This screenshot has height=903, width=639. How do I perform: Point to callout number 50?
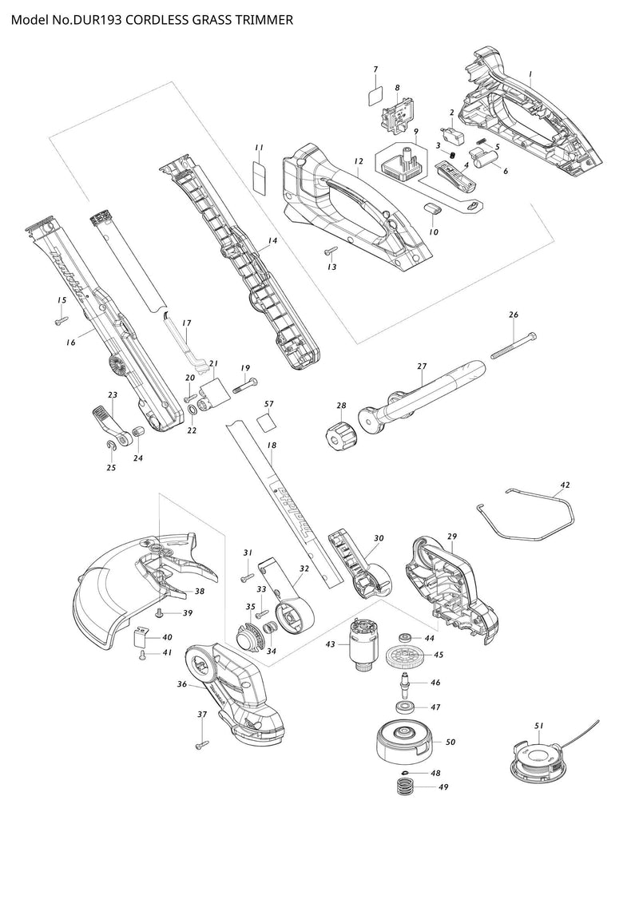coord(450,743)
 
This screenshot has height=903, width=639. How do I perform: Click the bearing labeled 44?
coord(407,638)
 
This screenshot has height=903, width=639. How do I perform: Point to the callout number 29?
coord(452,536)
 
